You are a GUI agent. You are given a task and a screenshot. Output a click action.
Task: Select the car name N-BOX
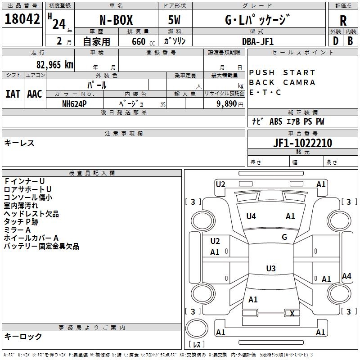click(x=117, y=20)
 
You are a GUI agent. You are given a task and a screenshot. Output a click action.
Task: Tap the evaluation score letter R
click(x=343, y=20)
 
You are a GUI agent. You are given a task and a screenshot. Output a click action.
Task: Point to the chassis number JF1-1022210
click(x=303, y=143)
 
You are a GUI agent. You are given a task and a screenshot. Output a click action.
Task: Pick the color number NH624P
click(x=74, y=103)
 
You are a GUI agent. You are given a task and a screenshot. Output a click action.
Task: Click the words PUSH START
click(x=282, y=72)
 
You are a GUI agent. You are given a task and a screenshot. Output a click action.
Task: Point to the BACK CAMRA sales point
click(x=282, y=82)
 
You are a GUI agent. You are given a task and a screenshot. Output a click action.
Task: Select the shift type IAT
click(x=13, y=94)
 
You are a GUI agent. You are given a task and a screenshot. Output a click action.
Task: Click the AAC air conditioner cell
click(x=35, y=94)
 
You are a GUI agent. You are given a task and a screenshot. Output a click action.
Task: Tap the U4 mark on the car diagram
click(x=251, y=216)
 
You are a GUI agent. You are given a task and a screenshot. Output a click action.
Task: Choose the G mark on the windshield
click(x=284, y=237)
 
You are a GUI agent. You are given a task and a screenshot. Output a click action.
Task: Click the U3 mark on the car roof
click(x=270, y=269)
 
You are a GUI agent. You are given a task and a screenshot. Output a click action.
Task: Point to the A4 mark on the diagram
click(x=346, y=276)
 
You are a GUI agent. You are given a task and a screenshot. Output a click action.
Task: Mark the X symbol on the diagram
click(x=292, y=314)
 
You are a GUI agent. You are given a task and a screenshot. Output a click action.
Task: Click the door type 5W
click(x=175, y=20)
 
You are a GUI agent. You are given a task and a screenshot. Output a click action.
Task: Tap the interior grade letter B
click(x=350, y=41)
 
